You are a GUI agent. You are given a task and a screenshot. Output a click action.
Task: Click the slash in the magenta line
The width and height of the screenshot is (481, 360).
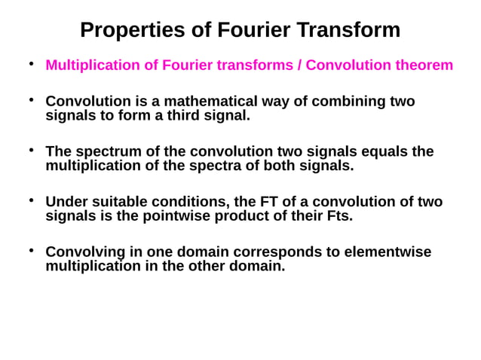pyautogui.click(x=299, y=65)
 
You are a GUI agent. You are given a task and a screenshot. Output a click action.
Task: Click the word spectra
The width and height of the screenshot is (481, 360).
pyautogui.click(x=245, y=166)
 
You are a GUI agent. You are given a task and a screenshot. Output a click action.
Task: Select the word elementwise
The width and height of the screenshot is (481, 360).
pyautogui.click(x=387, y=252)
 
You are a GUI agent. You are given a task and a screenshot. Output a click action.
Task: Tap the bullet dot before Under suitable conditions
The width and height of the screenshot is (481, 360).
pyautogui.click(x=31, y=200)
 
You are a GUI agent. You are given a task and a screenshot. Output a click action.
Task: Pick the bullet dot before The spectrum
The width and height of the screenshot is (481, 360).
pyautogui.click(x=31, y=151)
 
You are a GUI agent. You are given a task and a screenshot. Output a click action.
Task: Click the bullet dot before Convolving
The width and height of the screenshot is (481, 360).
pyautogui.click(x=31, y=250)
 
